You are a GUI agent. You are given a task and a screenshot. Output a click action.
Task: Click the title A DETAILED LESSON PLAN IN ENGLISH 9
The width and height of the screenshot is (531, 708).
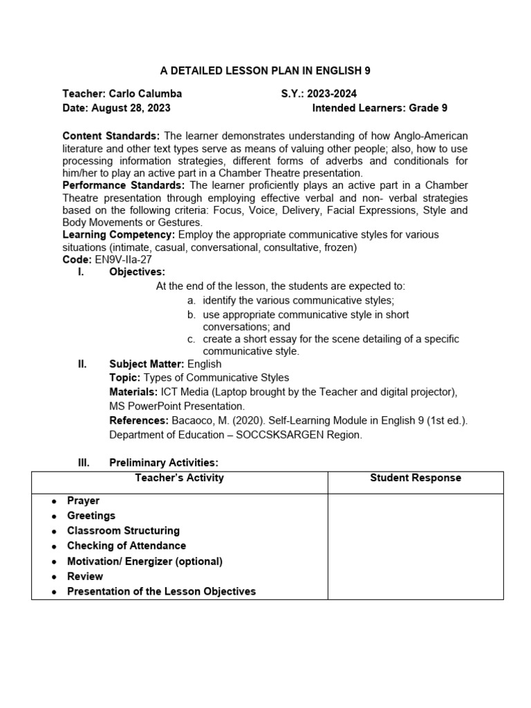265,71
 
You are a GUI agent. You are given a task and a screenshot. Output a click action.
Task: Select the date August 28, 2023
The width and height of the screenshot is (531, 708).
130,109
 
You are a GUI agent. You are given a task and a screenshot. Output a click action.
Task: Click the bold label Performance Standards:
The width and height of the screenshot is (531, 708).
124,185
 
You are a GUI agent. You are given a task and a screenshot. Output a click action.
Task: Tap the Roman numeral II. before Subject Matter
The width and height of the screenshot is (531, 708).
82,364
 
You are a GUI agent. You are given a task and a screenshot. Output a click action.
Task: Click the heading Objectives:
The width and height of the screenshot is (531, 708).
137,272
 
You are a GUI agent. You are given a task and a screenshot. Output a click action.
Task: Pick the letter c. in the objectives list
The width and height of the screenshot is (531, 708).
192,339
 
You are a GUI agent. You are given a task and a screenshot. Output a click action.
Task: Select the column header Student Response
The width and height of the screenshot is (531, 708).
416,478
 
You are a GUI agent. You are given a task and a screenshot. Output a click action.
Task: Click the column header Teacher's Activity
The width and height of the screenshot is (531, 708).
179,478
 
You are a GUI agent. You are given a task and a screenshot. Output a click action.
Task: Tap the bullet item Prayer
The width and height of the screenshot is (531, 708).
83,501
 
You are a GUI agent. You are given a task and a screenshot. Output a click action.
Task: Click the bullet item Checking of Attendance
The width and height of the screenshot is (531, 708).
127,546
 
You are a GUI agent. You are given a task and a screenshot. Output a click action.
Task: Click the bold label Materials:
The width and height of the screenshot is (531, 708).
135,392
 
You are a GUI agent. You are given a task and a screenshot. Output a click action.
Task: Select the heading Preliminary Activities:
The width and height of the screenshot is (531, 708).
164,463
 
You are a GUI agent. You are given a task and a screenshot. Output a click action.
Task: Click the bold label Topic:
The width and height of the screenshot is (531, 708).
125,378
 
